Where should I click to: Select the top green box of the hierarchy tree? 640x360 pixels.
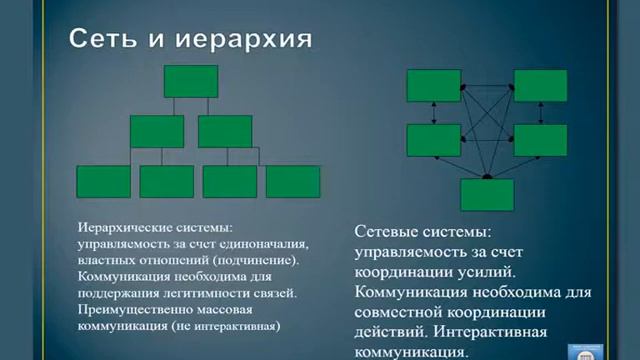pos(190,82)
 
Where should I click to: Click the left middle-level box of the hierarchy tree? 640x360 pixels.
pos(157,131)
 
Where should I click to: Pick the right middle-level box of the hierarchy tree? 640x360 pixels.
pos(224,131)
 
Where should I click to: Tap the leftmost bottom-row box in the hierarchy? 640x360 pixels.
pos(103,181)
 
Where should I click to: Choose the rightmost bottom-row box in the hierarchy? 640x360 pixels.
pos(293,181)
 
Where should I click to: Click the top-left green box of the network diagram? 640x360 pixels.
pos(433,86)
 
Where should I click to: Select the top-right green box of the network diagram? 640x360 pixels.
pos(540,86)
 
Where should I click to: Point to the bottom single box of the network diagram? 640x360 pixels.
pos(487,194)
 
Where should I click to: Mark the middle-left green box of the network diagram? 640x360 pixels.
pos(433,140)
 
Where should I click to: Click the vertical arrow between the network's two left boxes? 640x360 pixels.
pos(433,113)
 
